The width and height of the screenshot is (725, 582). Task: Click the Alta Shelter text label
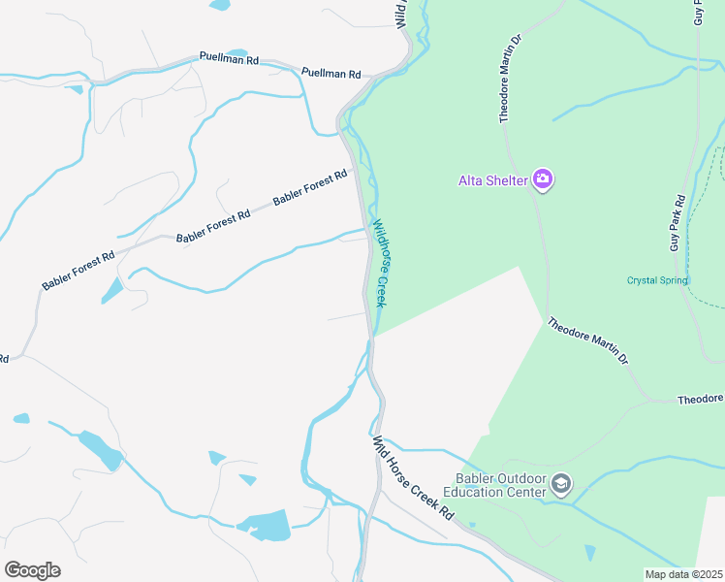click(492, 179)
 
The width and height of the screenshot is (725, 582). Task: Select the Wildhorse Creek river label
click(381, 261)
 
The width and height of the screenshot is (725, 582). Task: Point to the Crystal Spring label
click(656, 280)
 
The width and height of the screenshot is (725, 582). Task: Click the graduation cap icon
click(561, 483)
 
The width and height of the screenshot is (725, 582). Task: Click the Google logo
click(32, 570)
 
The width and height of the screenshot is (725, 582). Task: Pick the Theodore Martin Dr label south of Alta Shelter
click(587, 341)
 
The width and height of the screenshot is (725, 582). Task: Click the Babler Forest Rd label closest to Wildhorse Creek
click(310, 187)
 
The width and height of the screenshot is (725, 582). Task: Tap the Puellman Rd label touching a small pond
click(230, 59)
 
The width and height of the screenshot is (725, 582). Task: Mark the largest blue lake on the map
click(265, 525)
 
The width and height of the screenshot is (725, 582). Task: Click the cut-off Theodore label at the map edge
click(700, 400)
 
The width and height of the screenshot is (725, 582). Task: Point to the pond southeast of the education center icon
click(590, 553)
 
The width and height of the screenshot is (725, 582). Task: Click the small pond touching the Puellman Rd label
click(237, 52)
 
